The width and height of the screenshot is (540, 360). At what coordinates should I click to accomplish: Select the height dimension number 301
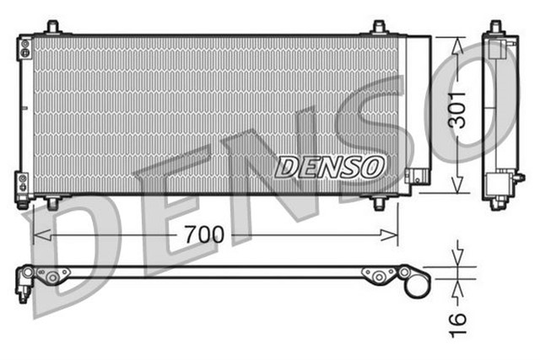coord(456,109)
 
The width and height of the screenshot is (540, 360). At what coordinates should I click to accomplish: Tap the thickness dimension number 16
coord(456,321)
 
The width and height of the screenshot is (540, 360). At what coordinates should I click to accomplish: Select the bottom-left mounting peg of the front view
coord(53,202)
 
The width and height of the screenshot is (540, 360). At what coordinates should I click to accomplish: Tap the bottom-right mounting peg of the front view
coord(379,203)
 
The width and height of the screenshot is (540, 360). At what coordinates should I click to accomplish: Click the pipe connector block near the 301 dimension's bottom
coord(416,176)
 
